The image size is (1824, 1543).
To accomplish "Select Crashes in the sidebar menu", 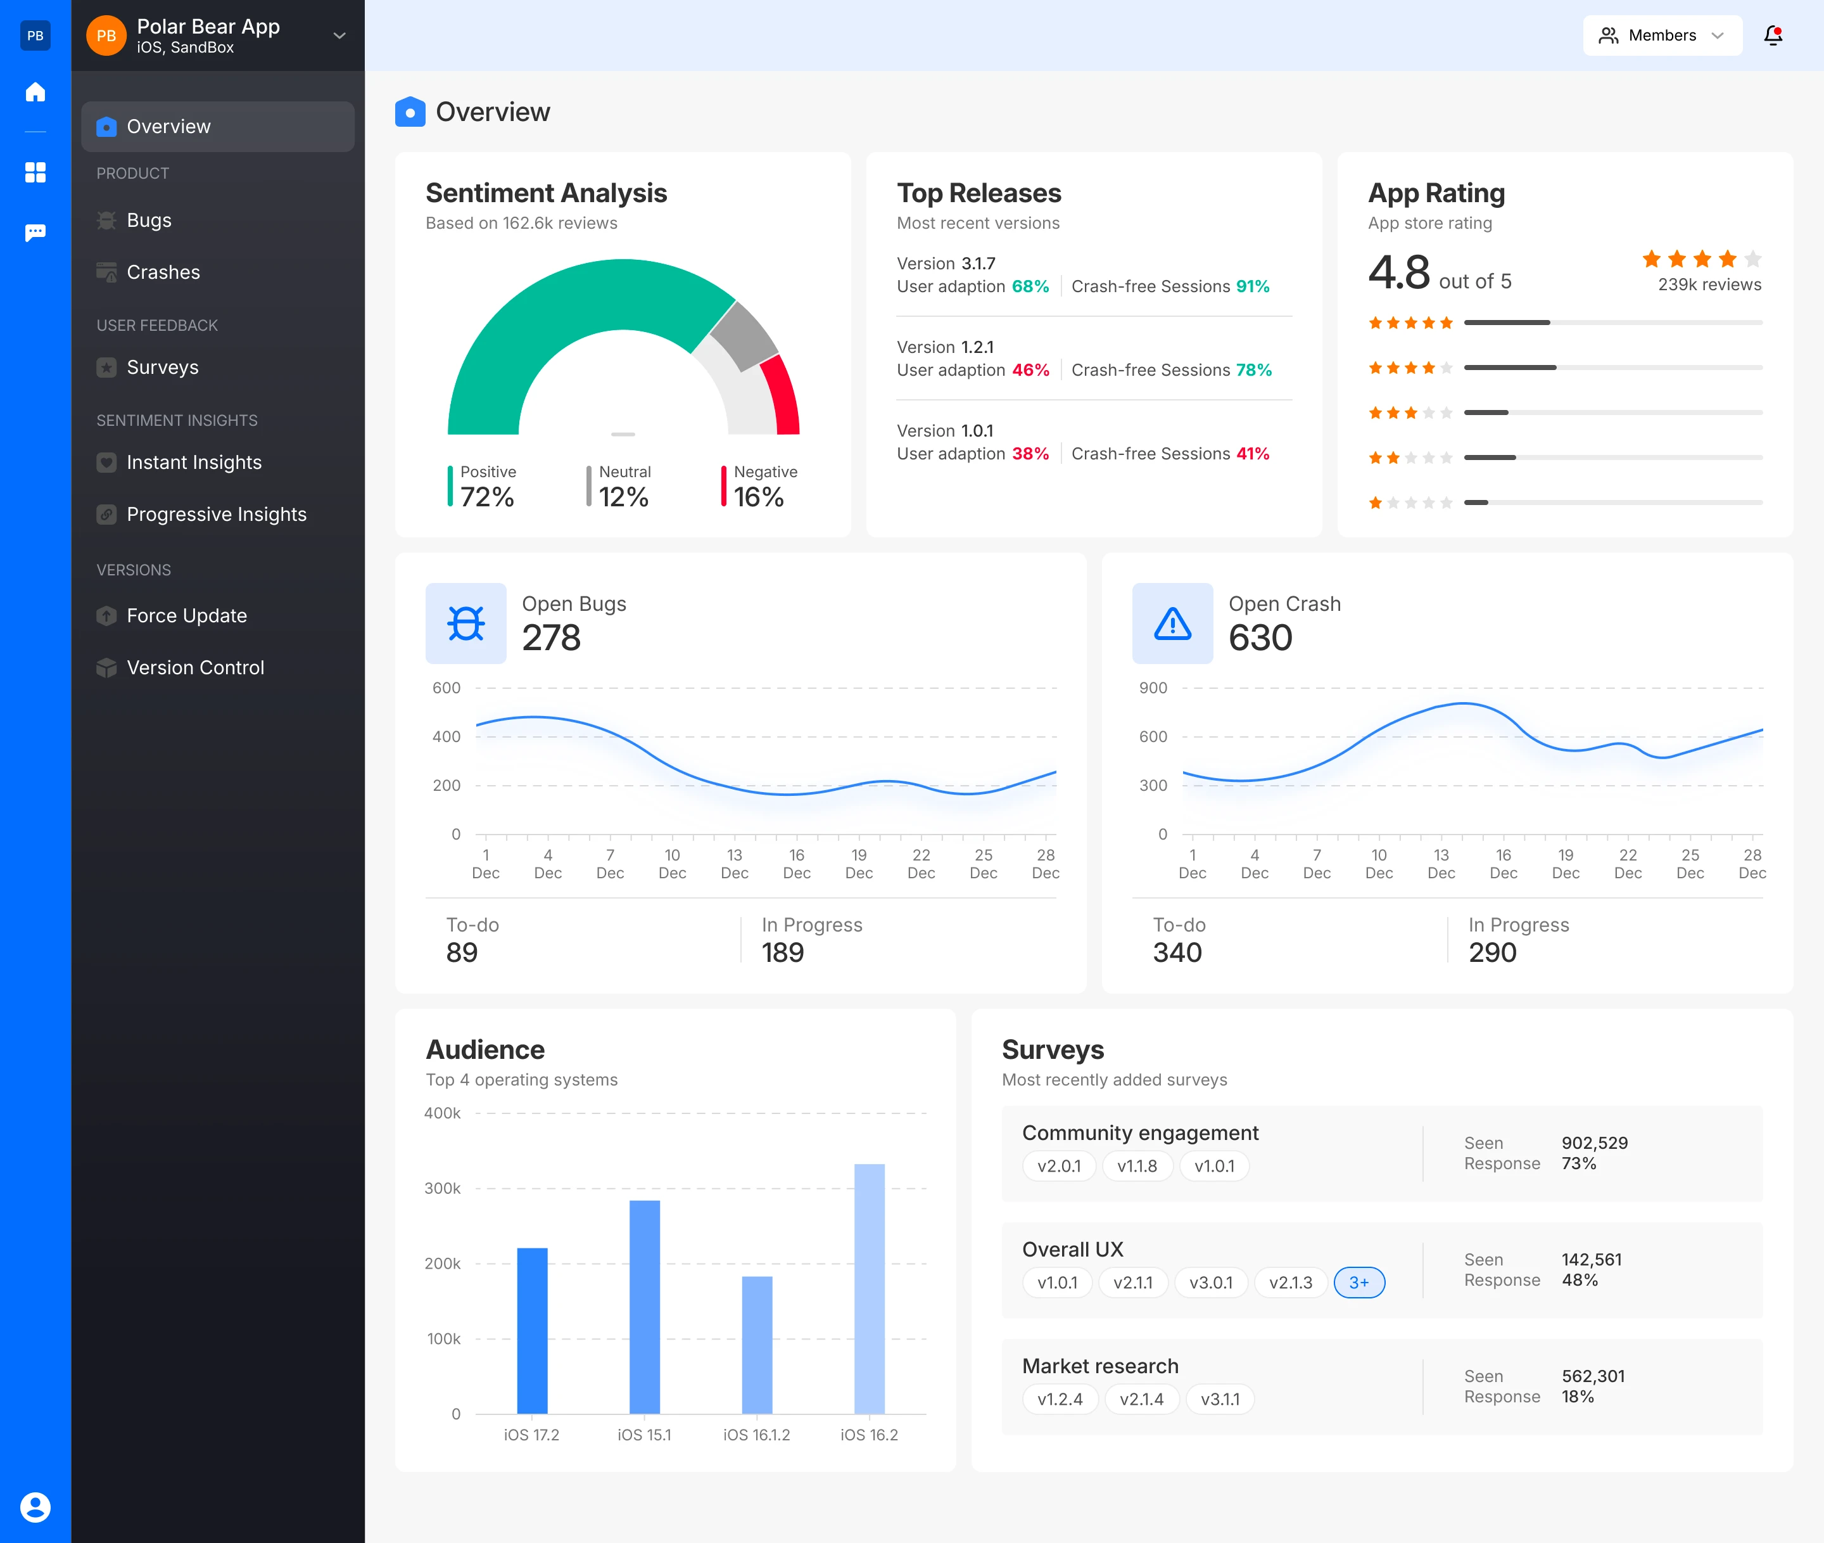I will (x=163, y=272).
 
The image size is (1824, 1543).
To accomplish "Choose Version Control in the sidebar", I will (x=195, y=667).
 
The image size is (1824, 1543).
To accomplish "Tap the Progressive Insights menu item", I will (x=216, y=515).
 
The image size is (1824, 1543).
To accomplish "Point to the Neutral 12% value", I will (x=623, y=497).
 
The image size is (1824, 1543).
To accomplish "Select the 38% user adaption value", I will (x=1030, y=453).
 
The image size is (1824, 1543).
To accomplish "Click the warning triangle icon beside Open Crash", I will (x=1172, y=624).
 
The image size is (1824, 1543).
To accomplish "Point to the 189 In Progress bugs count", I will (x=783, y=952).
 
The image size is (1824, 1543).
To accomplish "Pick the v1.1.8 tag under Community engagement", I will (x=1137, y=1166).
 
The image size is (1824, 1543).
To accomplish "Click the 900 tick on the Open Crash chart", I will (x=1153, y=688).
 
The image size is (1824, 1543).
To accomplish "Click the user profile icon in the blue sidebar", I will (x=35, y=1507).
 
